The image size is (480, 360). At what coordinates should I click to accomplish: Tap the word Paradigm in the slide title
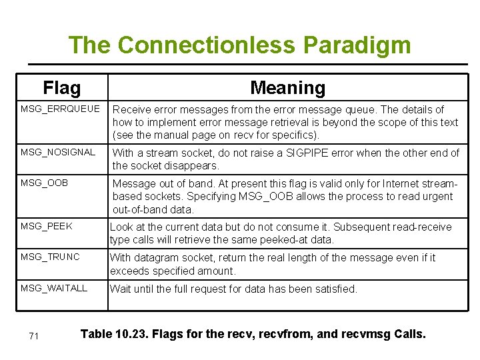coord(357,45)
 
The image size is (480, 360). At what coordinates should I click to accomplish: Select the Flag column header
coord(61,87)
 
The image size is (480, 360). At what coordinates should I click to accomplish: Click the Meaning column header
coord(287,87)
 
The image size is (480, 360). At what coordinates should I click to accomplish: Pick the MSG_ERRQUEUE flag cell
coord(60,109)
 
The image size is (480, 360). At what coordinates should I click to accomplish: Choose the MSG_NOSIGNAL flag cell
coord(58,152)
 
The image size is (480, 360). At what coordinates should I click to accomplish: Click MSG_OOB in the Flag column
coord(44,183)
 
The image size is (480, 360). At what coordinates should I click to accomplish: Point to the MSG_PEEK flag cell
coord(46,227)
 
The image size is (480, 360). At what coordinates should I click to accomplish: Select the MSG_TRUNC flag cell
coord(50,257)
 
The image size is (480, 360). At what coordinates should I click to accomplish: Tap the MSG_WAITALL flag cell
coord(54,288)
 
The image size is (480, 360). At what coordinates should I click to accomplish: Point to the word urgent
coord(435,197)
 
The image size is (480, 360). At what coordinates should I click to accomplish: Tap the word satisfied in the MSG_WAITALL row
coord(335,289)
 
